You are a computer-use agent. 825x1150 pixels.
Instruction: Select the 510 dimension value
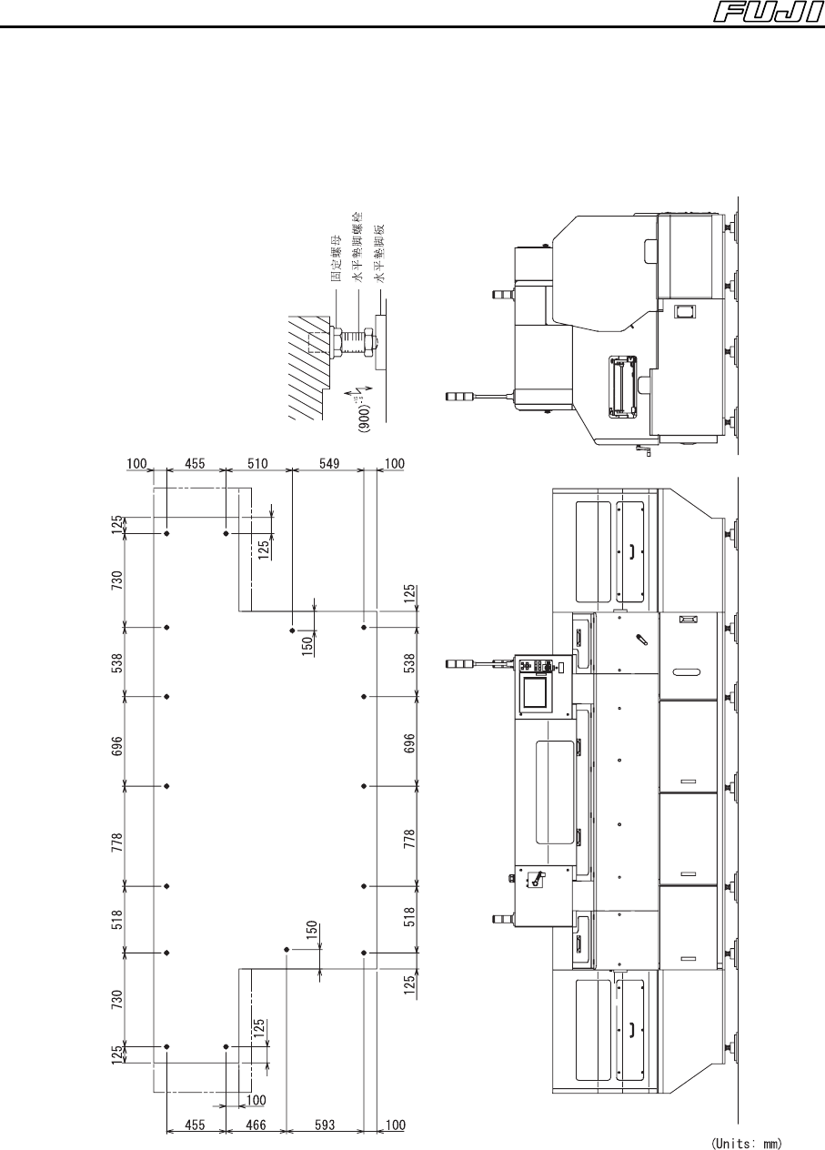[x=257, y=464]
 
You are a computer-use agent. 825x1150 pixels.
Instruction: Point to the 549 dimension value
[x=329, y=464]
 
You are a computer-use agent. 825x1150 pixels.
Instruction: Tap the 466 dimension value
[x=256, y=1125]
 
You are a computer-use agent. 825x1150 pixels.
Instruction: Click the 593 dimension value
[x=325, y=1125]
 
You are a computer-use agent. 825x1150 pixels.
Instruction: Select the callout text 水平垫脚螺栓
[x=358, y=247]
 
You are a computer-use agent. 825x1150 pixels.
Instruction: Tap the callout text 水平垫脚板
[x=380, y=253]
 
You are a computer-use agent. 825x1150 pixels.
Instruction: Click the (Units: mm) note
[x=747, y=1143]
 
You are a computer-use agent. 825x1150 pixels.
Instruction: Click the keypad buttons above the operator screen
[x=537, y=667]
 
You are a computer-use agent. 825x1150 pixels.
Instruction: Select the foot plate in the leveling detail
[x=381, y=342]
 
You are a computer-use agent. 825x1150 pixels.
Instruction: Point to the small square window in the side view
[x=684, y=311]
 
